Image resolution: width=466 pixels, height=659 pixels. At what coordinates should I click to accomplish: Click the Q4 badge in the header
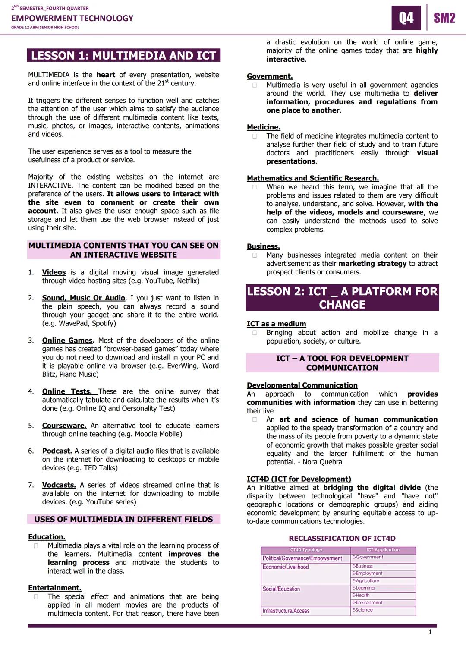[x=406, y=18]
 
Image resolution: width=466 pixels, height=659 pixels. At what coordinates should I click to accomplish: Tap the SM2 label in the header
[x=444, y=18]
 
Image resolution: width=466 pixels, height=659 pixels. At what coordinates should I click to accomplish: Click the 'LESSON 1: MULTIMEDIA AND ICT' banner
[x=123, y=56]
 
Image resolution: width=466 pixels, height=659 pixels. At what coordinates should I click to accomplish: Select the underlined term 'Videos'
[x=54, y=272]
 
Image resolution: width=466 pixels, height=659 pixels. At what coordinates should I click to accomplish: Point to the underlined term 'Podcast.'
[x=57, y=451]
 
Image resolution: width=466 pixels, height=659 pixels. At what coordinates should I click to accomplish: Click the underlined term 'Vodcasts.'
[x=59, y=485]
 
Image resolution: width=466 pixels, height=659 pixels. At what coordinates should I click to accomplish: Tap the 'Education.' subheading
[x=47, y=537]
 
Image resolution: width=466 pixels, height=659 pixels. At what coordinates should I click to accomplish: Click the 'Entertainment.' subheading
[x=55, y=588]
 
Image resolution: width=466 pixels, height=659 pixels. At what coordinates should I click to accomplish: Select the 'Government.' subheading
[x=270, y=76]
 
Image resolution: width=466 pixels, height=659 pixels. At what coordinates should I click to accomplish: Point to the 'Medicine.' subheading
[x=264, y=127]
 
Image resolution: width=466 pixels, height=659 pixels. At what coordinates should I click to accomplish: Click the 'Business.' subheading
[x=263, y=246]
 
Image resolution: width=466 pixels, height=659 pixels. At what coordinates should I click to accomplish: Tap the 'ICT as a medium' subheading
[x=276, y=324]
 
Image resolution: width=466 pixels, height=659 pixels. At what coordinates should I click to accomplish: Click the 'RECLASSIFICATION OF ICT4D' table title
[x=342, y=538]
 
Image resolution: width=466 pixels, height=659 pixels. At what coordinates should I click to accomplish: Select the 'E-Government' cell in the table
[x=368, y=557]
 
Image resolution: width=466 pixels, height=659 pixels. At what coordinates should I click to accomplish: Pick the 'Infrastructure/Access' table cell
[x=286, y=611]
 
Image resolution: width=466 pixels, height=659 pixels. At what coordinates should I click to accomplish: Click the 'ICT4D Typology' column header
[x=305, y=550]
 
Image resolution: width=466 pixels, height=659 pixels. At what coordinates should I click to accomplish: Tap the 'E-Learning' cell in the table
[x=363, y=588]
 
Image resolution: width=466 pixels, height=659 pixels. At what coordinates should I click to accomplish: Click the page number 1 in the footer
[x=430, y=632]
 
